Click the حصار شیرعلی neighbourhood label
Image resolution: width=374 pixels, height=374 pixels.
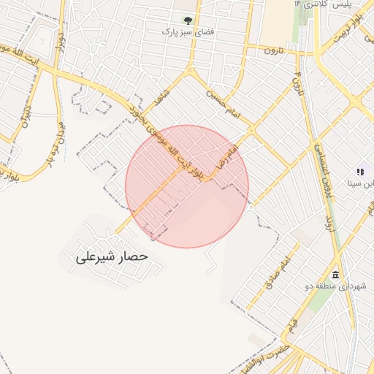(111, 257)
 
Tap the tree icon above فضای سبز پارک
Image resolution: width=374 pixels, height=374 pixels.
(188, 20)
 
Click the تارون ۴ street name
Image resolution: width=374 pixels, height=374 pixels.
(297, 84)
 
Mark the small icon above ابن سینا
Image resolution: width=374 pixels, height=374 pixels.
(360, 171)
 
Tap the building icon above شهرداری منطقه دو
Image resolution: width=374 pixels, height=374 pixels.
(335, 275)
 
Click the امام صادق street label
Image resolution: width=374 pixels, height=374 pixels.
(278, 275)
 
